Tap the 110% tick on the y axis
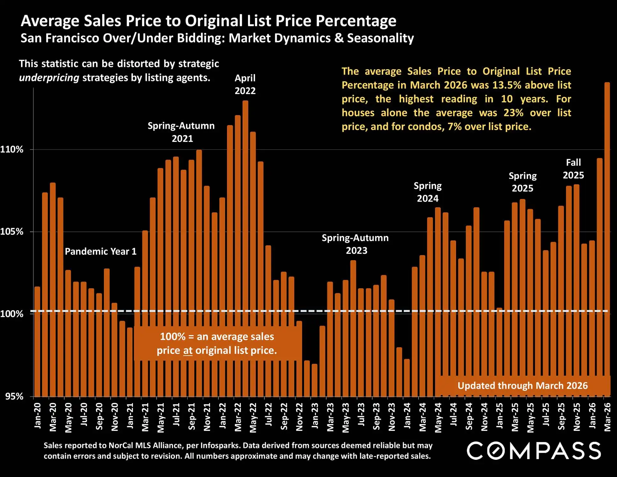pyautogui.click(x=12, y=149)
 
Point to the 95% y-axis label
pyautogui.click(x=14, y=396)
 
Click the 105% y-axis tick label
pyautogui.click(x=12, y=231)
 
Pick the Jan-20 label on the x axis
pyautogui.click(x=38, y=415)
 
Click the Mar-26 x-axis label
pyautogui.click(x=607, y=416)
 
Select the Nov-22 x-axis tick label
pyautogui.click(x=299, y=416)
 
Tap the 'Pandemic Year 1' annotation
pyautogui.click(x=101, y=252)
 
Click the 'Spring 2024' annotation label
pyautogui.click(x=428, y=192)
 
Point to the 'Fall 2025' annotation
pyautogui.click(x=573, y=169)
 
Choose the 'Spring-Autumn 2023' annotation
pyautogui.click(x=355, y=244)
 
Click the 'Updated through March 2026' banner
pyautogui.click(x=523, y=386)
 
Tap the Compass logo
pyautogui.click(x=534, y=451)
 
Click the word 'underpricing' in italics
pyautogui.click(x=49, y=78)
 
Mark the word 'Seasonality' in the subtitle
pyautogui.click(x=381, y=38)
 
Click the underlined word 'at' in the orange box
pyautogui.click(x=188, y=351)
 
